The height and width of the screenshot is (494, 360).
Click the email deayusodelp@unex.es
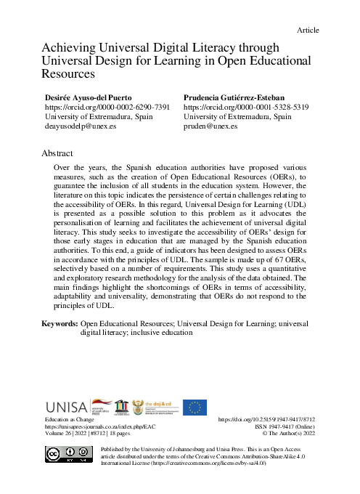pyautogui.click(x=81, y=126)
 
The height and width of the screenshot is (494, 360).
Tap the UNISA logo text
pyautogui.click(x=66, y=407)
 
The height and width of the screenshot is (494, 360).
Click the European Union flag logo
pyautogui.click(x=195, y=407)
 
